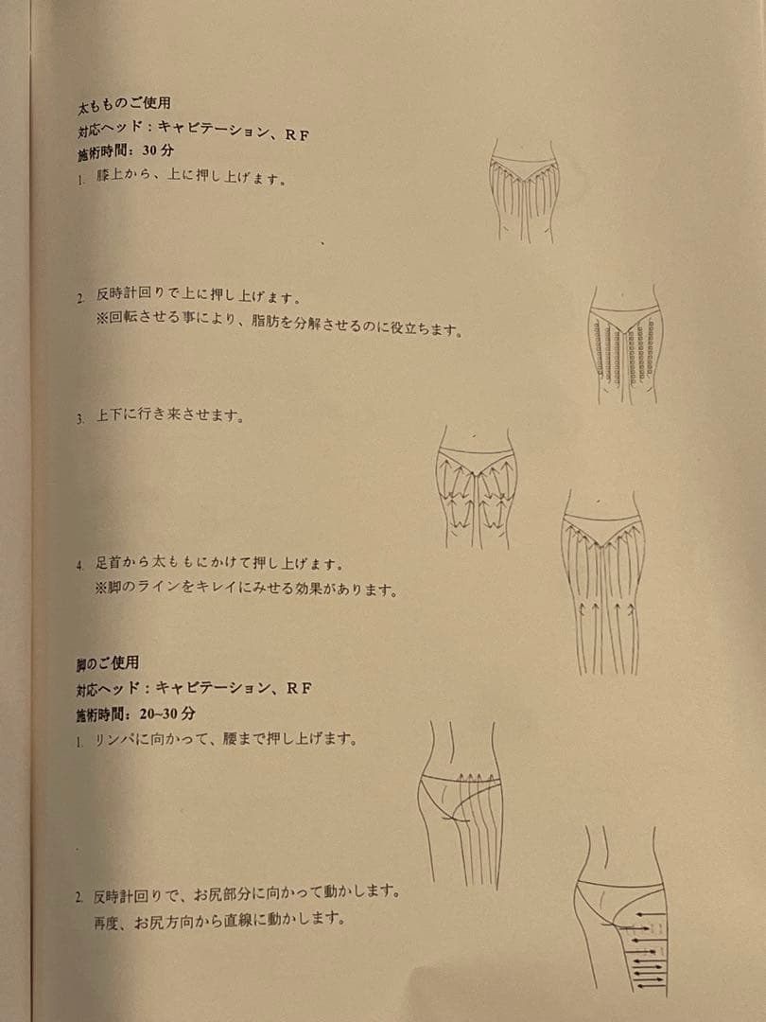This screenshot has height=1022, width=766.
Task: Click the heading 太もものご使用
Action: point(124,104)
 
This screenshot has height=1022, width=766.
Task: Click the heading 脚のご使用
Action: point(107,664)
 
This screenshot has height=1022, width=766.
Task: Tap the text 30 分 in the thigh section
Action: point(158,150)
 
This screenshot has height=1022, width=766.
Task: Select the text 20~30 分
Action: point(166,714)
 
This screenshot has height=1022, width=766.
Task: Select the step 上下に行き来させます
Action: point(170,415)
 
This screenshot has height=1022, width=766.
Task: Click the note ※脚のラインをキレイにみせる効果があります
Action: point(246,589)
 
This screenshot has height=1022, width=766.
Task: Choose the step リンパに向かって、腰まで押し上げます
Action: point(226,740)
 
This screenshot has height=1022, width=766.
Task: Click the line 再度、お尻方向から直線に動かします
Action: point(219,919)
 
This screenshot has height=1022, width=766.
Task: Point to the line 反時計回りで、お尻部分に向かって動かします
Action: point(247,891)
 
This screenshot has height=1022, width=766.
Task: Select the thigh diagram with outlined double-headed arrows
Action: point(476,487)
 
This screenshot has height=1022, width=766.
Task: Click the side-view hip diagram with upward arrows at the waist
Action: point(461,805)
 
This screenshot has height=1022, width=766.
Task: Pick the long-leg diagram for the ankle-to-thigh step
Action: point(603,583)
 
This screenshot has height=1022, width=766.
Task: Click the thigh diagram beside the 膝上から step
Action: point(524,190)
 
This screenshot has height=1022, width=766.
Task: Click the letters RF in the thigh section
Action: point(298,135)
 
